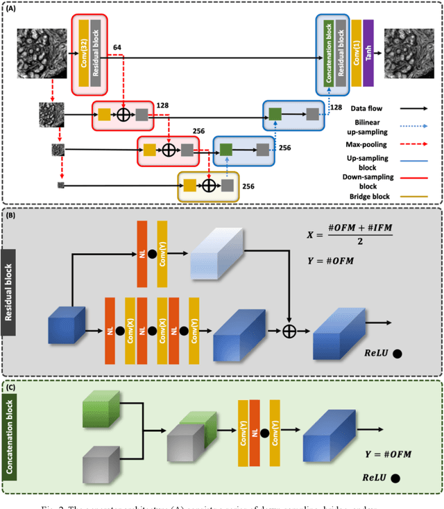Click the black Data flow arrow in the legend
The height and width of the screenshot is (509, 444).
pos(412,109)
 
